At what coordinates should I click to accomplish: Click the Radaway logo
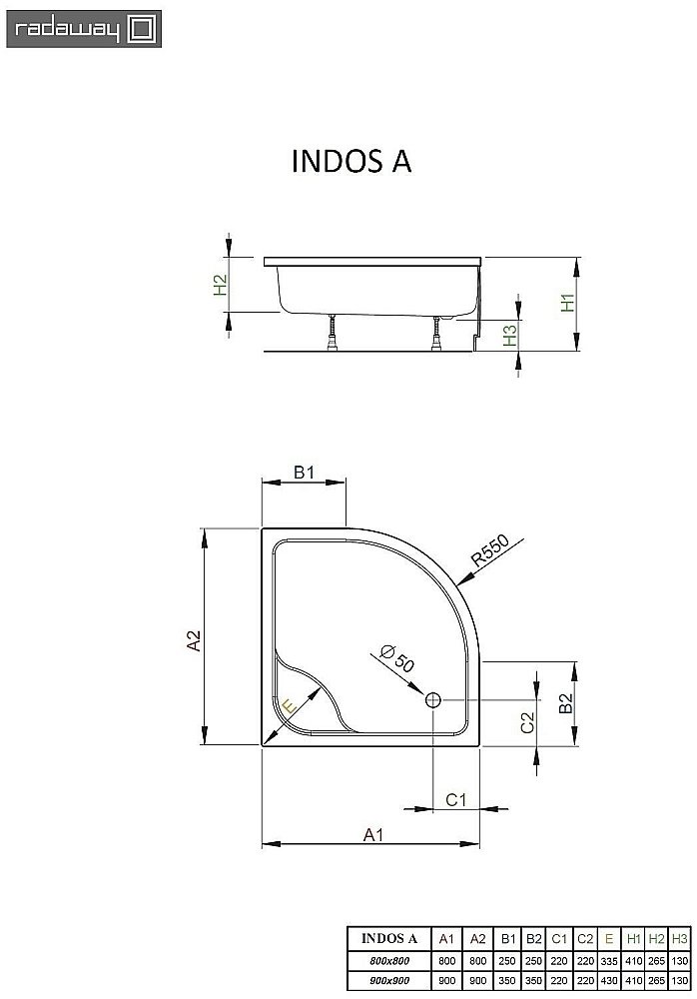pyautogui.click(x=79, y=29)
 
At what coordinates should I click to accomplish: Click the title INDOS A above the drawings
pyautogui.click(x=350, y=162)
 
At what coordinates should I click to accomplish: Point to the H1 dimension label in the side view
pyautogui.click(x=566, y=304)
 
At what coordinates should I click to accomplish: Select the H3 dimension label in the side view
pyautogui.click(x=509, y=335)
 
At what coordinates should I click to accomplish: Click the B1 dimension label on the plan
pyautogui.click(x=305, y=473)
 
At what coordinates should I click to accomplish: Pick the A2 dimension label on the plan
pyautogui.click(x=196, y=639)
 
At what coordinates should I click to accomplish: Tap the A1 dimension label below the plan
pyautogui.click(x=371, y=833)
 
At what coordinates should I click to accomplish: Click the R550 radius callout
pyautogui.click(x=490, y=552)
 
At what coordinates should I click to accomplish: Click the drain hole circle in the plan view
pyautogui.click(x=433, y=700)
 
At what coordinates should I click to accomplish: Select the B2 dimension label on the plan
pyautogui.click(x=565, y=704)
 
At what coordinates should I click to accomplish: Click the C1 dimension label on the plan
pyautogui.click(x=455, y=799)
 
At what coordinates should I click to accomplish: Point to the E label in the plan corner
pyautogui.click(x=289, y=707)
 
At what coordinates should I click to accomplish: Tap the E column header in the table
pyautogui.click(x=609, y=938)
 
